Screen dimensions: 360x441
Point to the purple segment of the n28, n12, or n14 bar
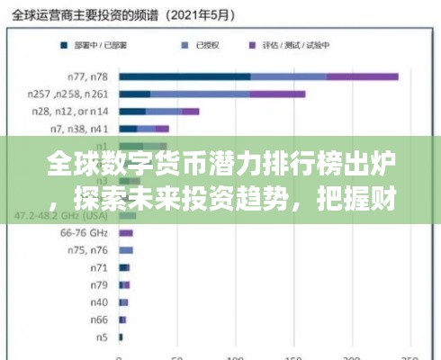pyautogui.click(x=190, y=112)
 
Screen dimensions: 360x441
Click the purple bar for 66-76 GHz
pyautogui.click(x=126, y=232)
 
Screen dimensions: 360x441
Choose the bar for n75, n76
pyautogui.click(x=126, y=249)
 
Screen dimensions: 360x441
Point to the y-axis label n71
pyautogui.click(x=97, y=267)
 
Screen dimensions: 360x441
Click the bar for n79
pyautogui.click(x=124, y=284)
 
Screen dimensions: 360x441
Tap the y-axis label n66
pyautogui.click(x=96, y=319)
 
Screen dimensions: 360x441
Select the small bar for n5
pyautogui.click(x=121, y=336)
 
